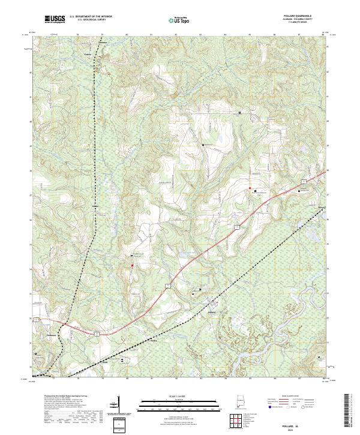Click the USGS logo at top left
point(55,19)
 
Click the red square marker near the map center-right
point(250,188)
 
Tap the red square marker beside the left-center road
point(133,265)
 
